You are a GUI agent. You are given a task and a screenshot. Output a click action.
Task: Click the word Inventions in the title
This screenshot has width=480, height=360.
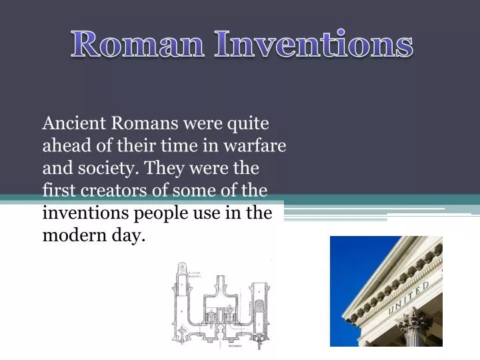tap(313, 44)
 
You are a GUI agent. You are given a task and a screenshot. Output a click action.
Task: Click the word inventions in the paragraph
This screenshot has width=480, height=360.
tap(81, 213)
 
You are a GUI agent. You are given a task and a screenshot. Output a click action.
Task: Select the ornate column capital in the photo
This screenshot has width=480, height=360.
tap(415, 325)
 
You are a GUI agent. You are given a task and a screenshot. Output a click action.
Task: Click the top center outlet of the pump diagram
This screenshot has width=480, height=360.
tap(218, 283)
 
